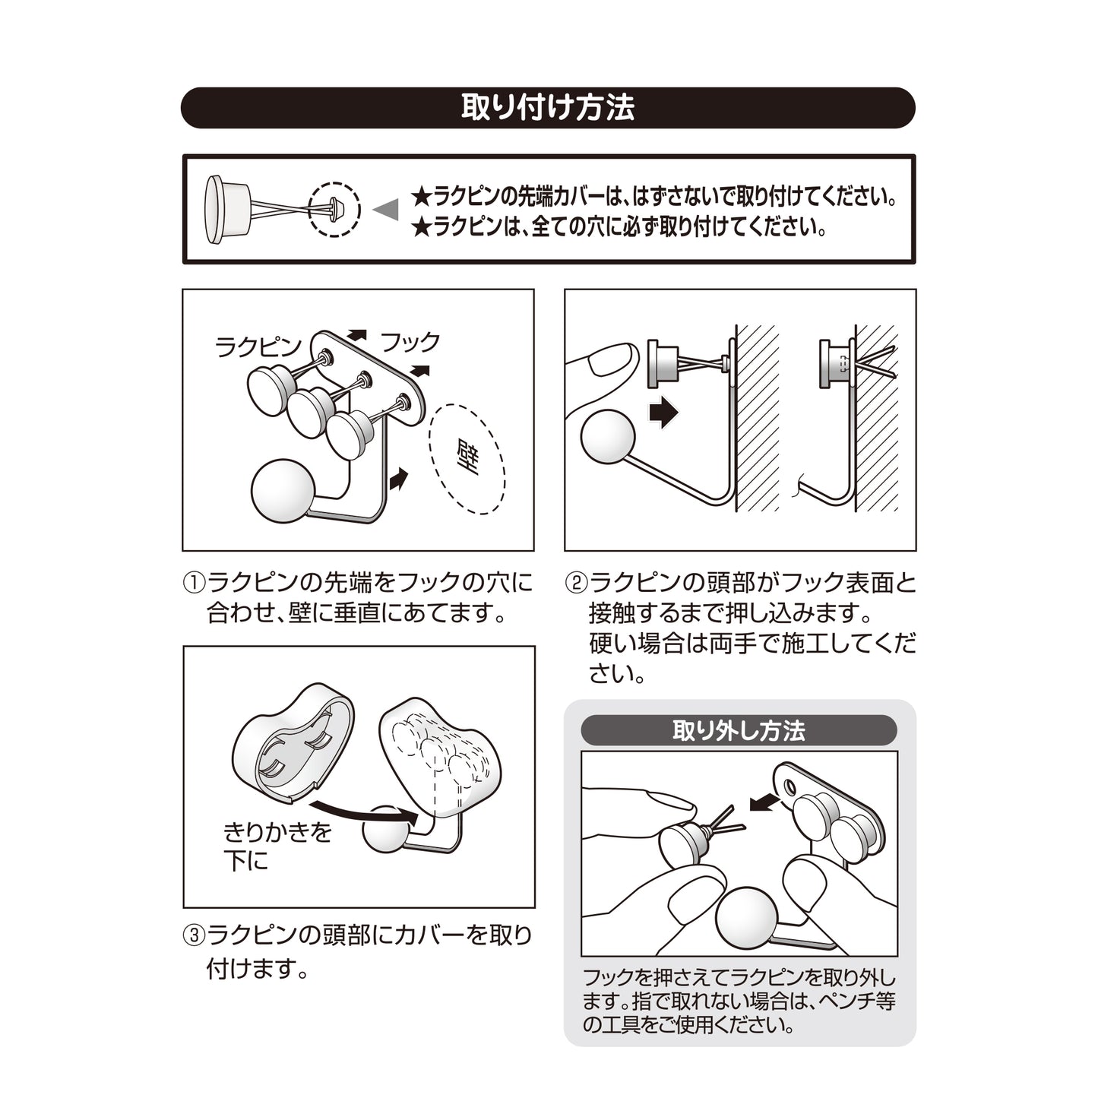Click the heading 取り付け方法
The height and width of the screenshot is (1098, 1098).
[x=548, y=108]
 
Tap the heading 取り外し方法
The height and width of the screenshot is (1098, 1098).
[x=739, y=730]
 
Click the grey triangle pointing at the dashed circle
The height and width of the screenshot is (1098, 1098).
[x=385, y=210]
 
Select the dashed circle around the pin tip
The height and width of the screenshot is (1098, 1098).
[x=334, y=210]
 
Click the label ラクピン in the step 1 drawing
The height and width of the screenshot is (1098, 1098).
[x=258, y=347]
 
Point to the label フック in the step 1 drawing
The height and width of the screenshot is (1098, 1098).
[x=410, y=342]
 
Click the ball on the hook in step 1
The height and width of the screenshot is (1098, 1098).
[x=283, y=491]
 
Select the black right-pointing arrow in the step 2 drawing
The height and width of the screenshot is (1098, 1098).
[x=664, y=412]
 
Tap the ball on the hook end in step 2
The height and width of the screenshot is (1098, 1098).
[x=607, y=436]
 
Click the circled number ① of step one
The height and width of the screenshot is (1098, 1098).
[x=193, y=582]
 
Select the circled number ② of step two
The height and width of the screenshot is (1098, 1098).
[x=575, y=582]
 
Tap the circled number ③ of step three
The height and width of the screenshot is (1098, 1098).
[x=193, y=935]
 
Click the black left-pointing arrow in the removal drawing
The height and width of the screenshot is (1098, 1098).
[x=764, y=802]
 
